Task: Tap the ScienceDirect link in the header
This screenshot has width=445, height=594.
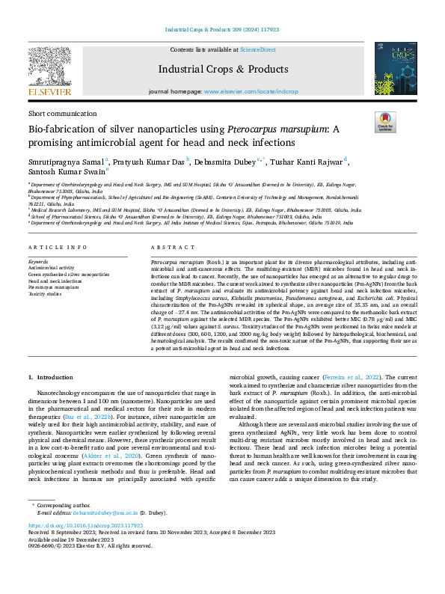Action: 257,49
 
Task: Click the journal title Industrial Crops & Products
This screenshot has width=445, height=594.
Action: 222,70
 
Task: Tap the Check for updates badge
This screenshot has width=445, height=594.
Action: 385,122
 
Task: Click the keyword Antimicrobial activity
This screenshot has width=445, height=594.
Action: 52,267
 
